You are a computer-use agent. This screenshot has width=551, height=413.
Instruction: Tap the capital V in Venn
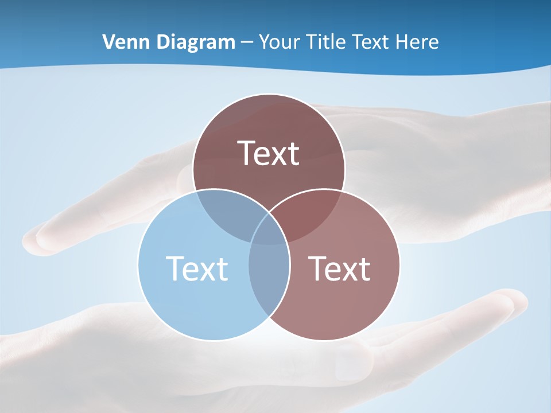pyautogui.click(x=108, y=42)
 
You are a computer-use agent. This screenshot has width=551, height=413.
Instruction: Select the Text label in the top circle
pyautogui.click(x=269, y=153)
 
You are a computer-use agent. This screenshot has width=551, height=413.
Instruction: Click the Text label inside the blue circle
pyautogui.click(x=197, y=268)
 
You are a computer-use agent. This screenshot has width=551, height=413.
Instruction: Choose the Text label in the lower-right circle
pyautogui.click(x=340, y=268)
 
